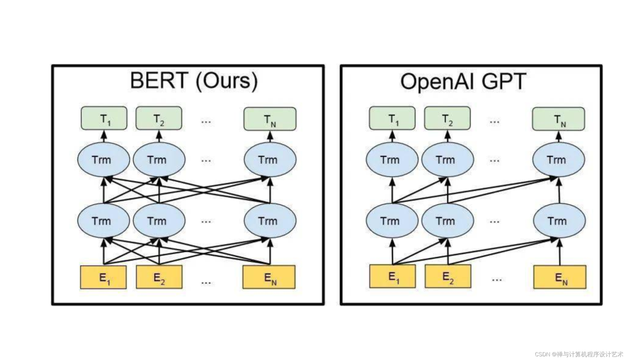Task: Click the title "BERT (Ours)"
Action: (x=194, y=81)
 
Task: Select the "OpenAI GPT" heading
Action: (x=463, y=81)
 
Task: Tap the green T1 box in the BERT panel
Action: (x=104, y=118)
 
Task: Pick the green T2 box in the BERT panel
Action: (x=158, y=118)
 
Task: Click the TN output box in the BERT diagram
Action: (x=270, y=118)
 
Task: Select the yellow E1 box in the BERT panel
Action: (x=103, y=278)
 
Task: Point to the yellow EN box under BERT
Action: (x=269, y=278)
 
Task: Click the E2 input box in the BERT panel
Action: (x=158, y=278)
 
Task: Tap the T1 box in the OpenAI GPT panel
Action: (x=391, y=119)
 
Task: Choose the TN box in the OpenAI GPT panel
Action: (x=559, y=119)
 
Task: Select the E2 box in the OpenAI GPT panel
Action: (x=447, y=277)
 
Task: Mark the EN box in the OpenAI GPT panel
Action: (x=559, y=277)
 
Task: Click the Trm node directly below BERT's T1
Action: (x=103, y=160)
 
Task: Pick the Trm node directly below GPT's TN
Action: (x=556, y=160)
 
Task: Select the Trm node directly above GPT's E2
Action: (x=446, y=221)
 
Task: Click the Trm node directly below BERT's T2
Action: (x=158, y=160)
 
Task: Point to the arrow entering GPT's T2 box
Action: (x=446, y=136)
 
